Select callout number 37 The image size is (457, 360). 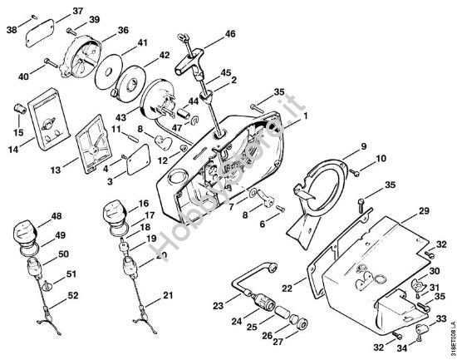77,11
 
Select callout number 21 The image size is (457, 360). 169,295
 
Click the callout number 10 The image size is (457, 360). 381,157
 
